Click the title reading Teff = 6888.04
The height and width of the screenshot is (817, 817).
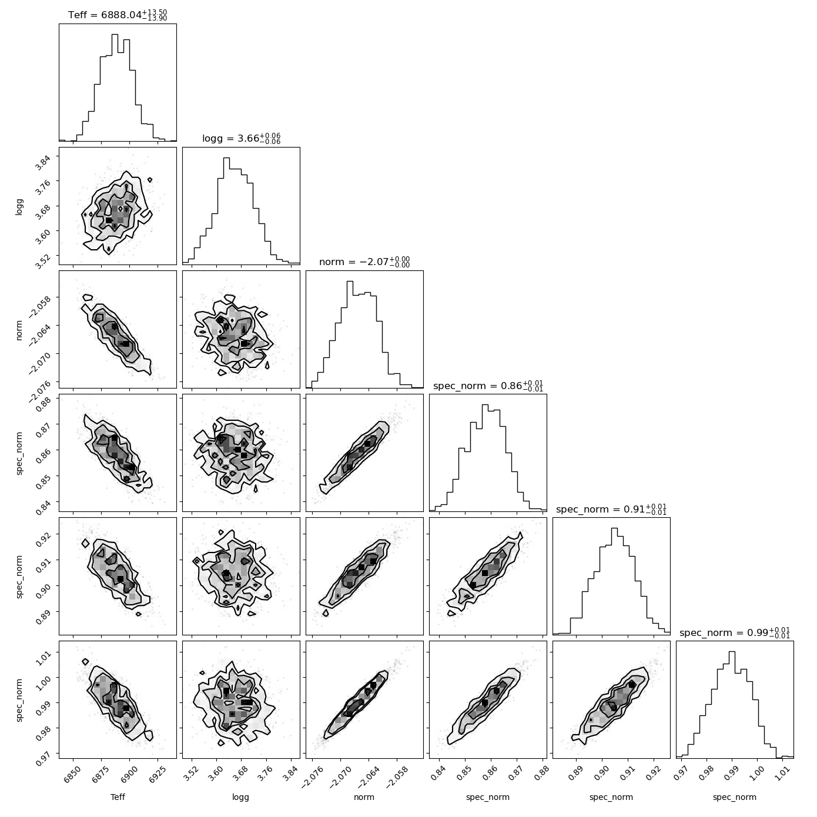tap(118, 15)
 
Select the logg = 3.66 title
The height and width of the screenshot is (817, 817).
tap(241, 138)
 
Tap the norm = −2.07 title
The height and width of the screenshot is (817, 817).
tap(364, 262)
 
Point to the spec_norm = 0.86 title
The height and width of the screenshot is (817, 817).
tap(488, 386)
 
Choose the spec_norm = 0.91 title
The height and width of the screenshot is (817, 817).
tap(611, 509)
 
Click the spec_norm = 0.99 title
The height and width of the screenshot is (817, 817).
tap(735, 632)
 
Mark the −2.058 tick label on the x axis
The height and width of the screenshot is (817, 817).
tap(398, 777)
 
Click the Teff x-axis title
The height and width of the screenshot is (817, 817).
tap(118, 798)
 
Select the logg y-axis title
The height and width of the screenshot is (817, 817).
tap(19, 206)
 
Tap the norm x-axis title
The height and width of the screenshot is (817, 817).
tap(364, 798)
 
